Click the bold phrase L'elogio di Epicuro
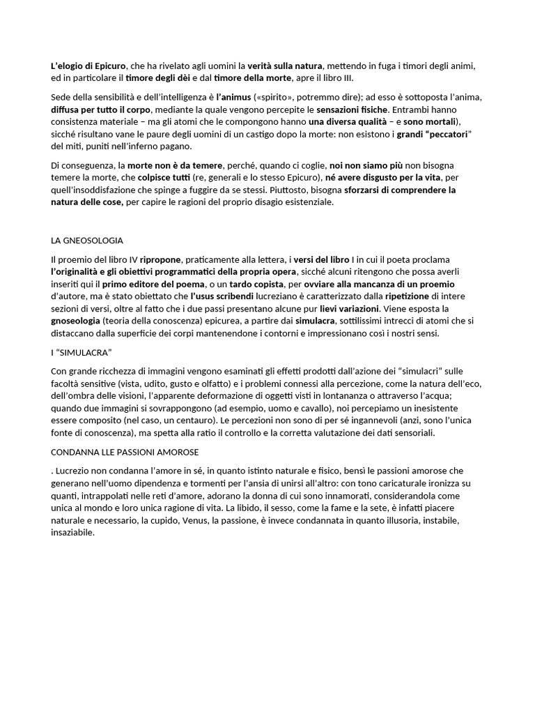(88, 66)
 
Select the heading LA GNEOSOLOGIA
(87, 241)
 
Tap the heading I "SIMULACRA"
(82, 352)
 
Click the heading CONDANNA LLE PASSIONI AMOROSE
(125, 453)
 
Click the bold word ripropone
(160, 259)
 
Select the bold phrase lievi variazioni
(350, 308)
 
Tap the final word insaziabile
(72, 533)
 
